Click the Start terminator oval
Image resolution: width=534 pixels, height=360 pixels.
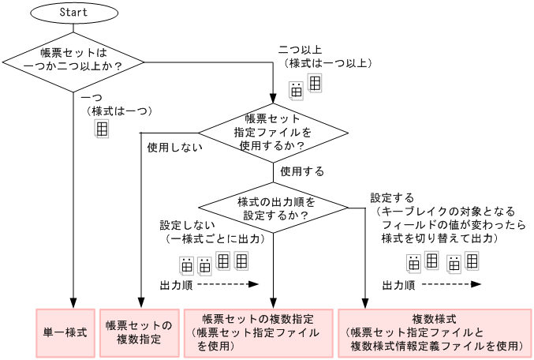(x=73, y=13)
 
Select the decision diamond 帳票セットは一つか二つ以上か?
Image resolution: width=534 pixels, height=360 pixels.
(x=73, y=61)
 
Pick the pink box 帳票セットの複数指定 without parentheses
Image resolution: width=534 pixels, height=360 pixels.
(x=139, y=332)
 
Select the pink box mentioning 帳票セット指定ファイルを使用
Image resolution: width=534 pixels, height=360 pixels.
(x=258, y=332)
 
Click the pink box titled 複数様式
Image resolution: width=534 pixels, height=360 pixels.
(x=435, y=332)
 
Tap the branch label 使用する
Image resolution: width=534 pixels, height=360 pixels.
(x=302, y=170)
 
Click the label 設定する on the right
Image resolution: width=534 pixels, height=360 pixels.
(x=392, y=197)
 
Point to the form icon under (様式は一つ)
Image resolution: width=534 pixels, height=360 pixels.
(x=102, y=129)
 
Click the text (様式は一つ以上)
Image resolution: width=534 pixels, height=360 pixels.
(x=325, y=64)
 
